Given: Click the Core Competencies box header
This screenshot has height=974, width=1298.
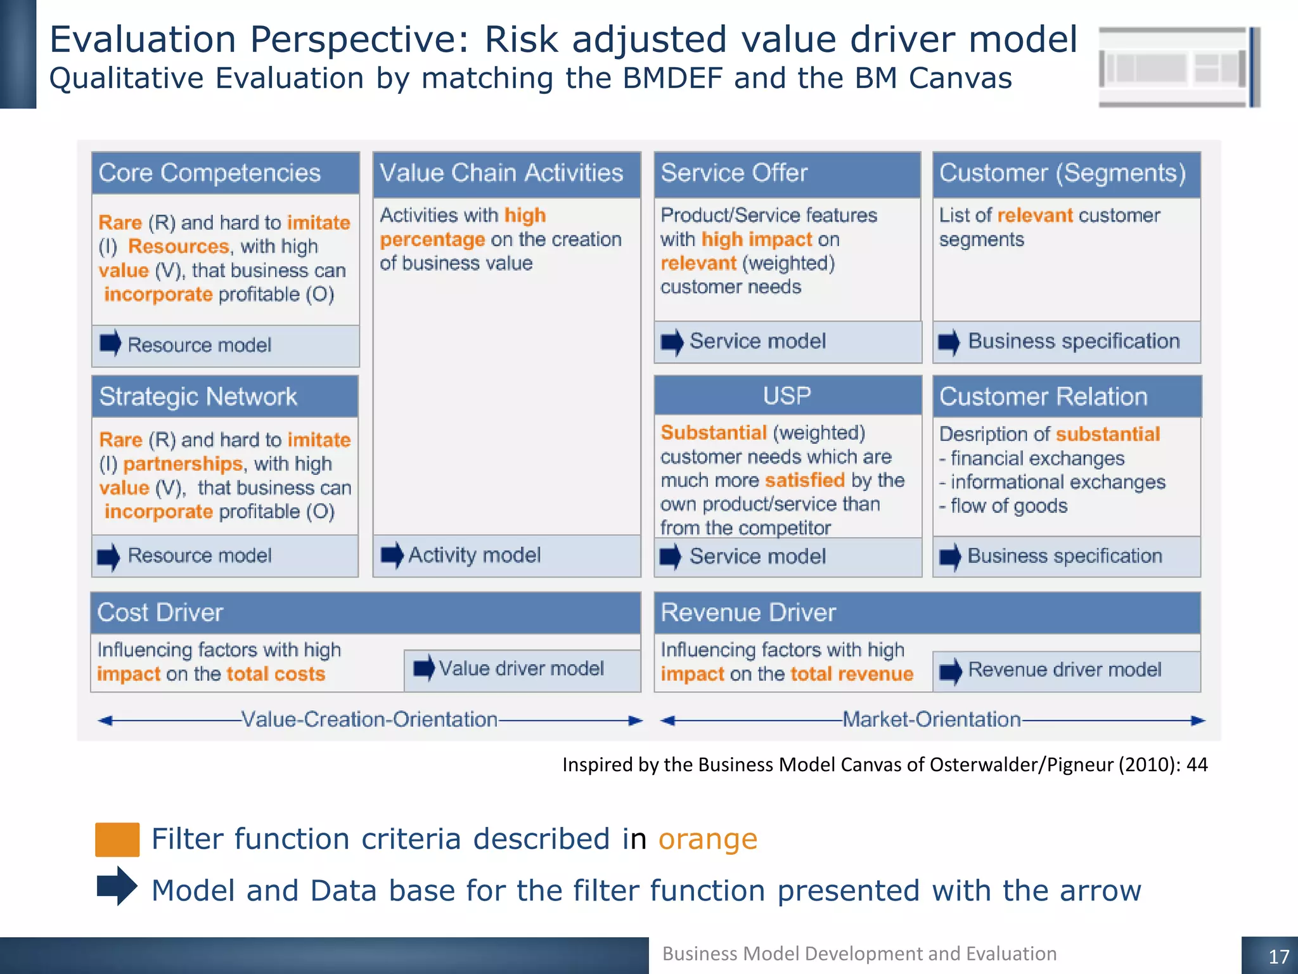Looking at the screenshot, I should click(210, 173).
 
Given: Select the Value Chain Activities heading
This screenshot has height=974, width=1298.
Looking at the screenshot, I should click(501, 173).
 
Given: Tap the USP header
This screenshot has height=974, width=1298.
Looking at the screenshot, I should click(787, 396).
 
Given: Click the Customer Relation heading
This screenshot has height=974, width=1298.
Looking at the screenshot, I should click(1043, 397).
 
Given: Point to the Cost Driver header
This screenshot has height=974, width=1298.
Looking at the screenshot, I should click(160, 613).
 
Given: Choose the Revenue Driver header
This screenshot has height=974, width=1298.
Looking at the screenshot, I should click(748, 613).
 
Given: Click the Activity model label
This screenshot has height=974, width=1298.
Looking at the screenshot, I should click(474, 555).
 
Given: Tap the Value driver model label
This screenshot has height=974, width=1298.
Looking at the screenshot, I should click(521, 668).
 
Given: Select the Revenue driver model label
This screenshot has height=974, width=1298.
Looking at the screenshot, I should click(1064, 670).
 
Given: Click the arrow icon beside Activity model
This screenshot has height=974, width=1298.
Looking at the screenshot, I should click(392, 555).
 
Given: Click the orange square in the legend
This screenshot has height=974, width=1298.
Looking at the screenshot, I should click(117, 840).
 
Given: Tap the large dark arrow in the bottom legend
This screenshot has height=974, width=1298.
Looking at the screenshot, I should click(117, 886).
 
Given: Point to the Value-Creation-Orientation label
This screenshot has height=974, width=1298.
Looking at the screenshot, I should click(369, 720).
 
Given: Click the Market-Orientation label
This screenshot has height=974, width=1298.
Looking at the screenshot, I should click(931, 720).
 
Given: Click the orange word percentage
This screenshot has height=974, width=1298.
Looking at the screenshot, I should click(432, 240).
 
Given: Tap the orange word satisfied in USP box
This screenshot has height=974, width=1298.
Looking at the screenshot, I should click(805, 481).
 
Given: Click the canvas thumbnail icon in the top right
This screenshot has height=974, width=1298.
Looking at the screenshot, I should click(1179, 67).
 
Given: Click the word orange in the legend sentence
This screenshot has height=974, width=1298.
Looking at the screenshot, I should click(708, 840).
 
